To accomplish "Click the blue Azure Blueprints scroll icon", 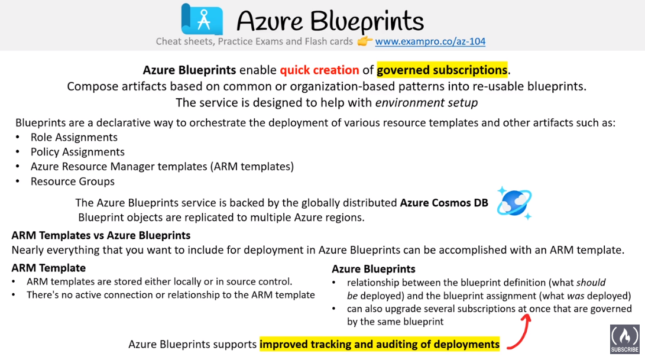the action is (x=202, y=19).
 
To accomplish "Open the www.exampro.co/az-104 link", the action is (x=430, y=41).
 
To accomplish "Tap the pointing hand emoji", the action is (x=364, y=41).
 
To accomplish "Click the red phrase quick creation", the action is (x=319, y=70).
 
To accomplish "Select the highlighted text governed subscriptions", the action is (x=442, y=70).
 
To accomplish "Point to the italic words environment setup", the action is (x=426, y=102).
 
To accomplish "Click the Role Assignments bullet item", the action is (x=74, y=137).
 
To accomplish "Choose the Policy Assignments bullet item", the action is (x=77, y=152).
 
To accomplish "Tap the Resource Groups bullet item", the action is (x=72, y=181).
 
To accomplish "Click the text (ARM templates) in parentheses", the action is (x=252, y=167).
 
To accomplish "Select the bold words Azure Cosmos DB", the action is (x=444, y=203).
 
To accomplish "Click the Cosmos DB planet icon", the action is (x=514, y=203).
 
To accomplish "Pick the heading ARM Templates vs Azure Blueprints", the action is (x=101, y=235).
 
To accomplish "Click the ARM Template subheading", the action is (x=48, y=268).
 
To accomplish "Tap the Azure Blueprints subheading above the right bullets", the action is (x=374, y=269).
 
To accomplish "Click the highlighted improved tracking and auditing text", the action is (x=380, y=344).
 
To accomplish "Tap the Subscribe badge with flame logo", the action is (x=624, y=339).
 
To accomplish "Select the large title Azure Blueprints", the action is (x=330, y=21).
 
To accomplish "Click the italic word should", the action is (x=591, y=283).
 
